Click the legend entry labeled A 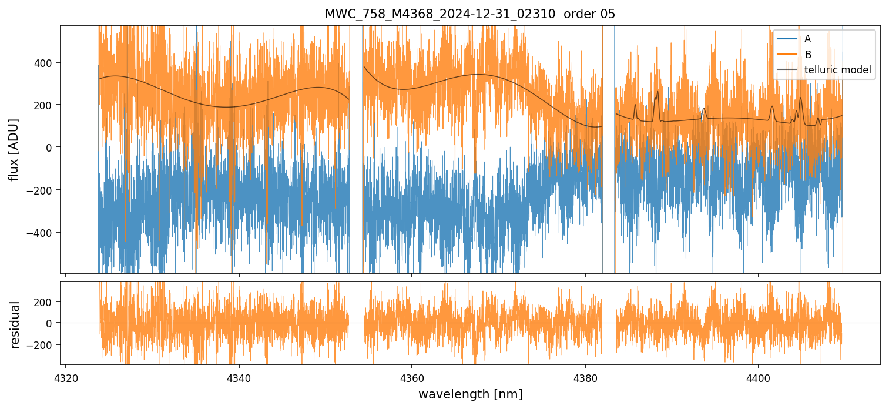[807, 39]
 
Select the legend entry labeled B [807, 55]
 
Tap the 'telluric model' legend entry [837, 71]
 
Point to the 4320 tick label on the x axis [65, 377]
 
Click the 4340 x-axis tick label [239, 377]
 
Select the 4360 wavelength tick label [412, 377]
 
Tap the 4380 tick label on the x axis [585, 377]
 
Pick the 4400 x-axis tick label [758, 377]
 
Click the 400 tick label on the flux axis [45, 63]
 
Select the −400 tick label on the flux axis [42, 233]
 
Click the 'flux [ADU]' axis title [14, 149]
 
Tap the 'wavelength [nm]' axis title [470, 394]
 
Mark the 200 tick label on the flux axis [45, 105]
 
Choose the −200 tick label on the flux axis [42, 190]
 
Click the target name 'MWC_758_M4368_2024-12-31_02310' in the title [440, 14]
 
